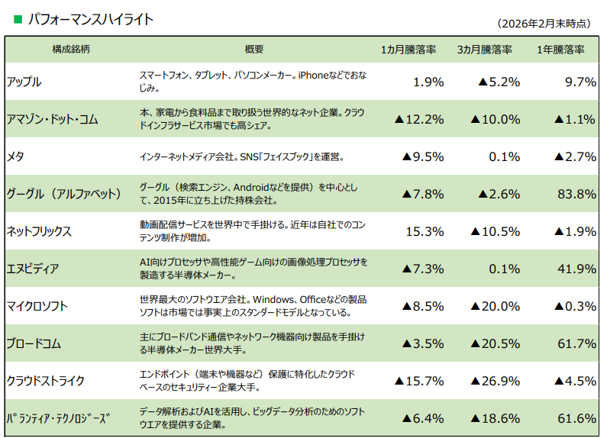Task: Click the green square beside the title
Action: (18, 19)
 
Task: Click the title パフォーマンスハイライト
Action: (90, 19)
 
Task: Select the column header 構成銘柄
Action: (71, 50)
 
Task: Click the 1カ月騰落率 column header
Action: (408, 50)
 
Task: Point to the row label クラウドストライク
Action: (45, 381)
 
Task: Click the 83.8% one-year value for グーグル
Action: (576, 194)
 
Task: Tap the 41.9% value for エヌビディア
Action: (576, 269)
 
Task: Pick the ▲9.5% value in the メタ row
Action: (422, 156)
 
